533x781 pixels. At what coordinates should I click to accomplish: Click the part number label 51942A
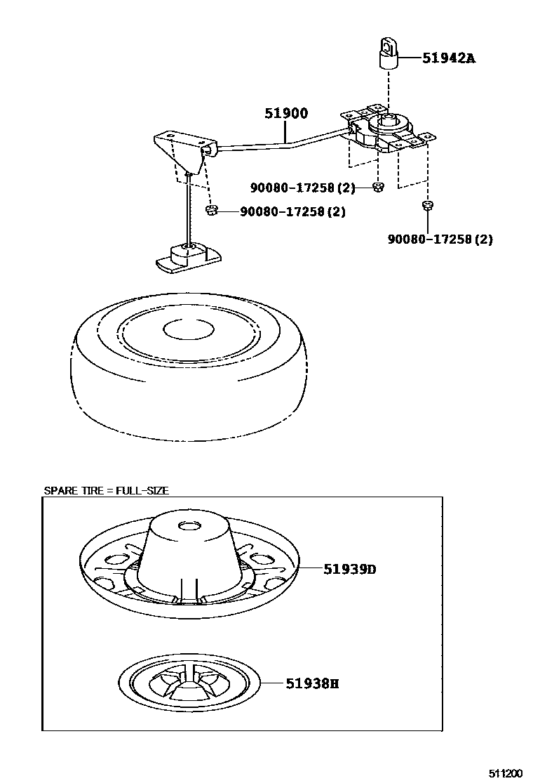[448, 58]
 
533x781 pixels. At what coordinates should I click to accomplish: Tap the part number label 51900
[286, 113]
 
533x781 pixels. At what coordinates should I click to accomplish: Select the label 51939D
[349, 569]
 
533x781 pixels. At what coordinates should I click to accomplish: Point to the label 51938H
[312, 683]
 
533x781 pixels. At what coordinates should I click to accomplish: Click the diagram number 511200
[506, 773]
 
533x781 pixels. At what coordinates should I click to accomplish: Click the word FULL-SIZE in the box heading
[142, 491]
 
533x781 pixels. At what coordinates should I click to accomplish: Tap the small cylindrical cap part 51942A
[389, 54]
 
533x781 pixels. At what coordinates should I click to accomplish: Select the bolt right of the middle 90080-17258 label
[378, 188]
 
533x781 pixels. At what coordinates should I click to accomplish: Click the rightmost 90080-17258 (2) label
[440, 239]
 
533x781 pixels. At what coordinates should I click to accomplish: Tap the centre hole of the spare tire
[189, 329]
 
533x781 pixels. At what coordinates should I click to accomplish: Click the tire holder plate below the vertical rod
[189, 258]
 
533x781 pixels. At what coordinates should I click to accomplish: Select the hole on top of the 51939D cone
[189, 525]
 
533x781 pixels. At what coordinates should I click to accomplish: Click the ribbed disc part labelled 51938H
[189, 684]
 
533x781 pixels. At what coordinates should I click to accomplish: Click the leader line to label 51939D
[311, 567]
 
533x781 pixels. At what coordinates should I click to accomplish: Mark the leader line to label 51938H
[273, 683]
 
